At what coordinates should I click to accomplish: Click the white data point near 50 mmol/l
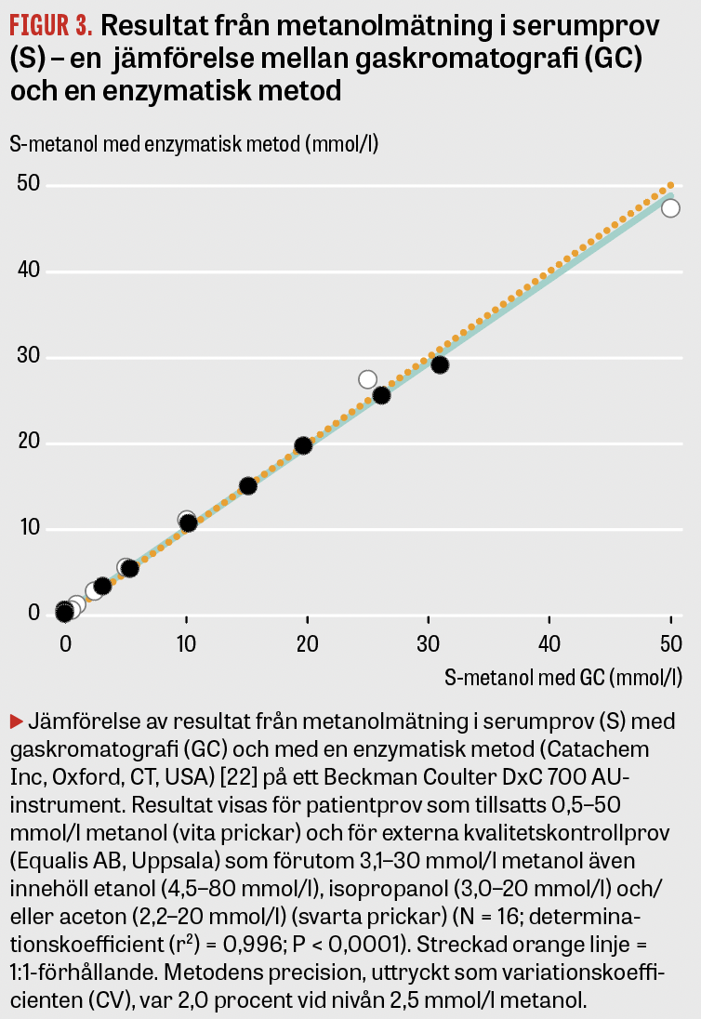pyautogui.click(x=670, y=207)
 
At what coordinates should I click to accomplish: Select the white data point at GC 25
pyautogui.click(x=367, y=379)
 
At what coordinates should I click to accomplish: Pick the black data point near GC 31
pyautogui.click(x=440, y=364)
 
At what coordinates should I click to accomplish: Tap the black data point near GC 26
pyautogui.click(x=381, y=395)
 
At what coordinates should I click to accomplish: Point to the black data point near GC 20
pyautogui.click(x=302, y=445)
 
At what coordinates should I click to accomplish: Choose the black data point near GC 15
pyautogui.click(x=248, y=485)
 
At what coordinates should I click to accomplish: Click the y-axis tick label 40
pyautogui.click(x=30, y=271)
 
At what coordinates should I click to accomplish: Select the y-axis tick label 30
pyautogui.click(x=30, y=357)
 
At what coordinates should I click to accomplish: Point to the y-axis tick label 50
pyautogui.click(x=30, y=185)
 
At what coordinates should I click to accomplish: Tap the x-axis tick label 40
pyautogui.click(x=549, y=642)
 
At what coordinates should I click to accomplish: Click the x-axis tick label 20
pyautogui.click(x=307, y=642)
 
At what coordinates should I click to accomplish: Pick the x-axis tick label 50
pyautogui.click(x=670, y=642)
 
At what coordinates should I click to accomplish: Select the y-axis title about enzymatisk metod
pyautogui.click(x=193, y=145)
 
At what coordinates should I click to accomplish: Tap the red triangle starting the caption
pyautogui.click(x=16, y=721)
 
